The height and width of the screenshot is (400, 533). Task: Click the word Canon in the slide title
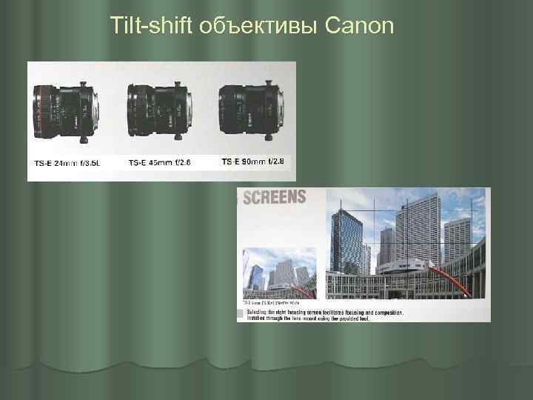coord(358,27)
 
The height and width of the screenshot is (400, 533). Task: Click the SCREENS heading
coord(275,197)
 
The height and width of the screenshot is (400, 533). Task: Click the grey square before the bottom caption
coord(240,316)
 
